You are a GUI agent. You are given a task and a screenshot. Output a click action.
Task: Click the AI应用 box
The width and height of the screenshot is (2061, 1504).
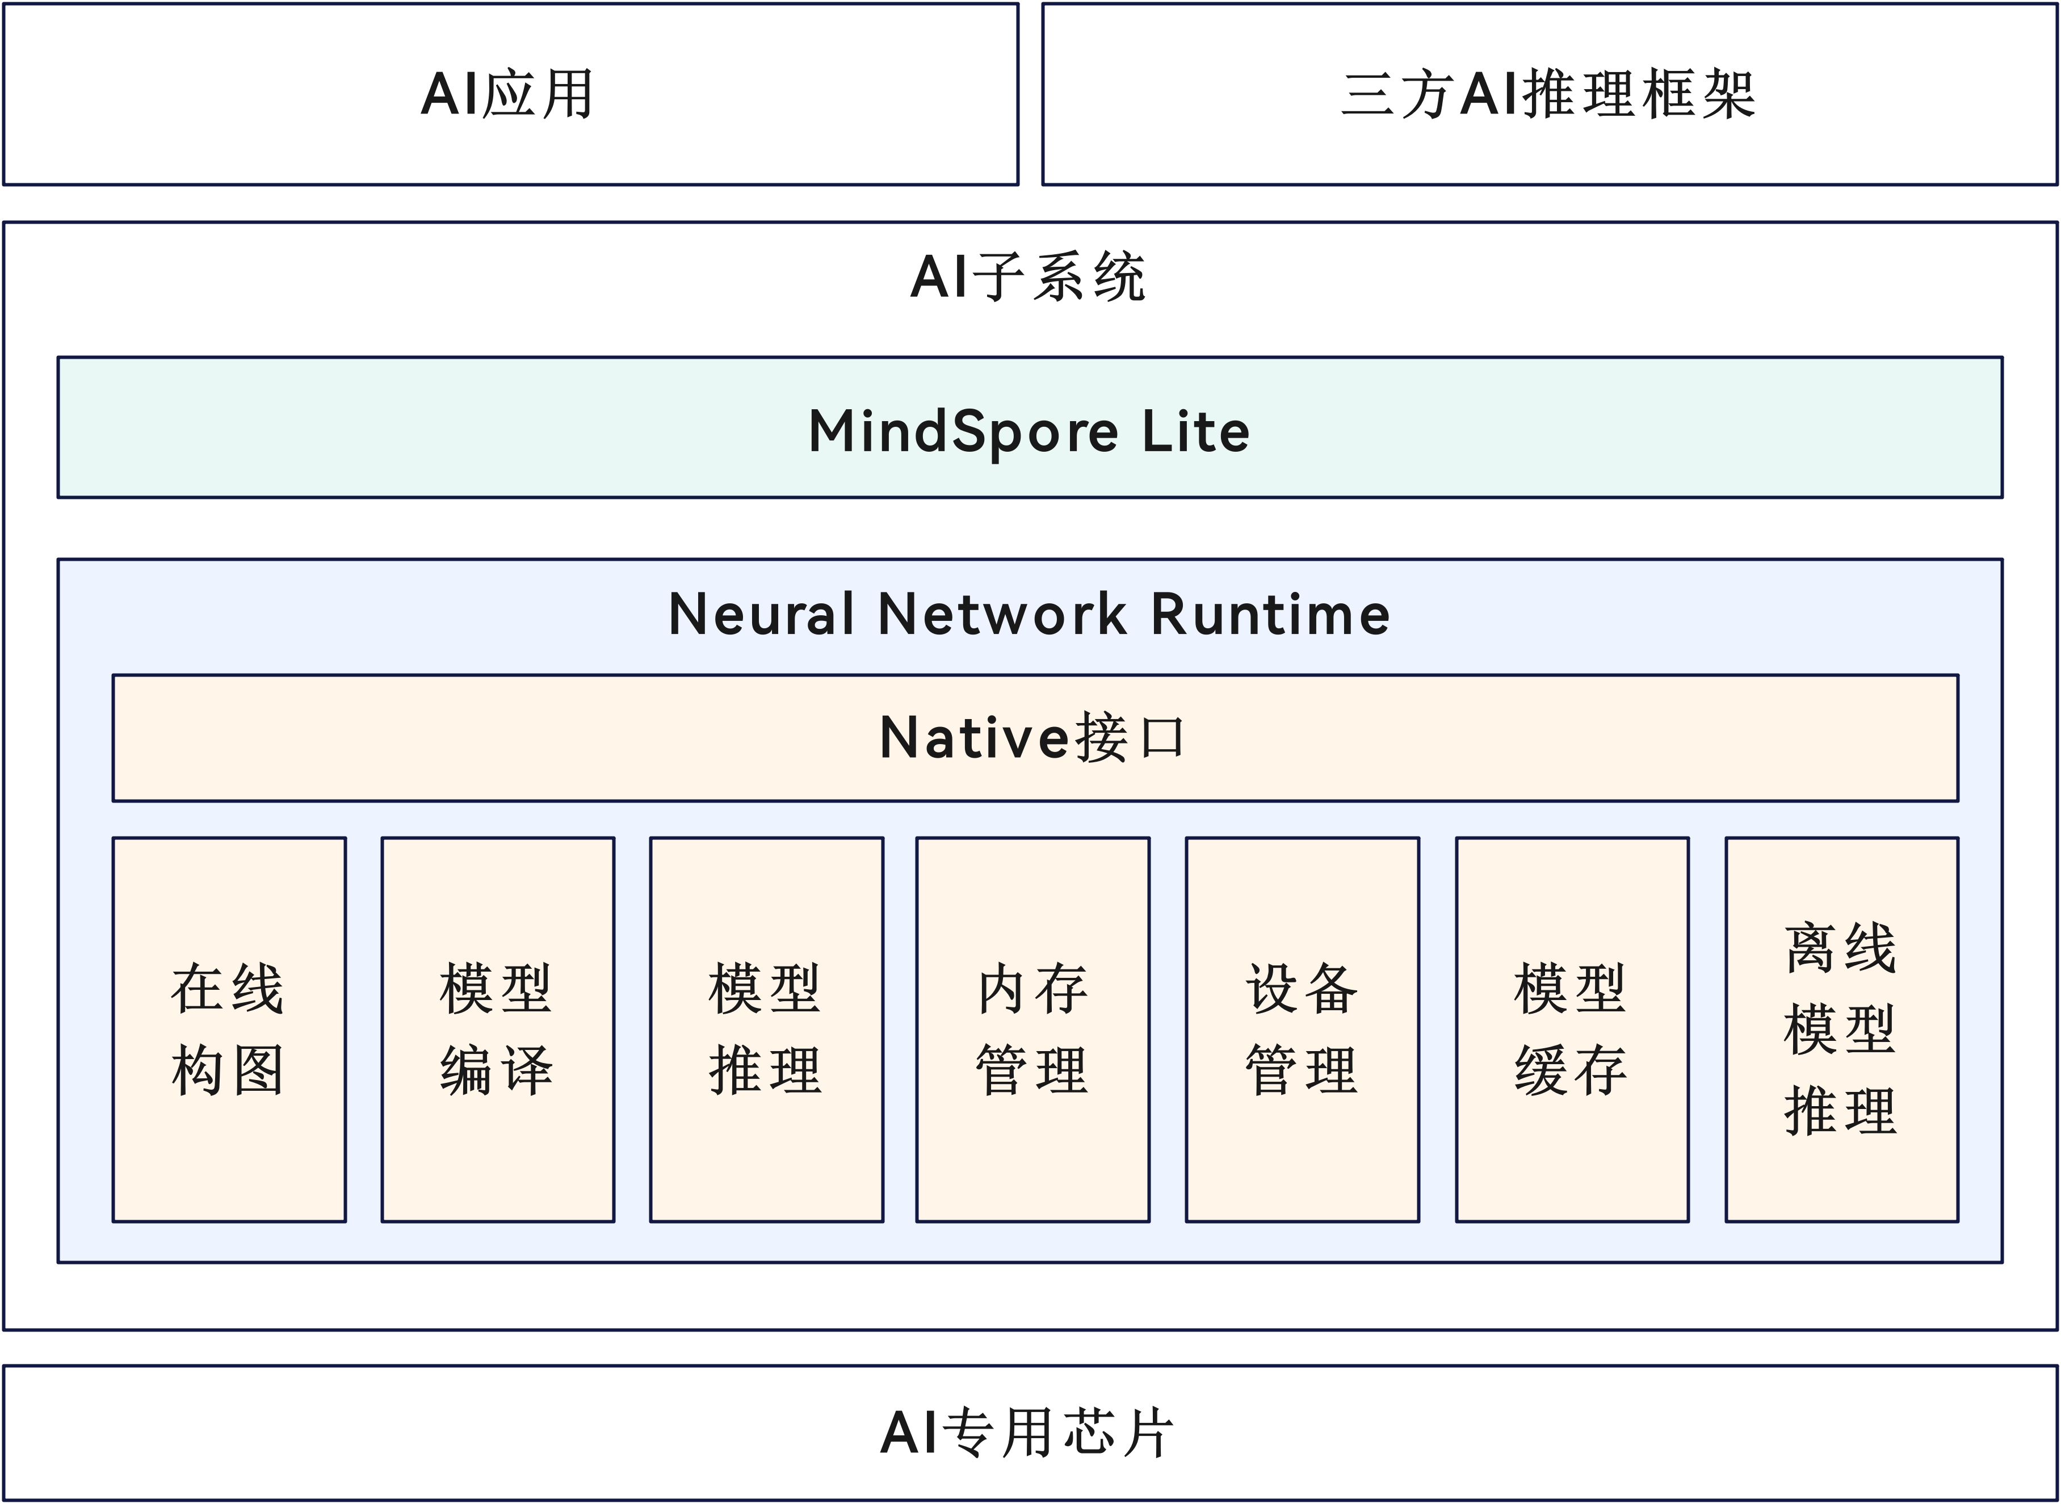click(x=511, y=94)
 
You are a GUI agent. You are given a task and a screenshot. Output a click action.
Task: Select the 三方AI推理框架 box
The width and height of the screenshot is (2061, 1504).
click(x=1550, y=94)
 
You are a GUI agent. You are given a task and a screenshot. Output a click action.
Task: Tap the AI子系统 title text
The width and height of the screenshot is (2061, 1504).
click(x=1029, y=277)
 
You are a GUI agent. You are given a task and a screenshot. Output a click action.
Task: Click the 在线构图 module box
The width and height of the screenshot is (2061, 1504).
click(x=229, y=1029)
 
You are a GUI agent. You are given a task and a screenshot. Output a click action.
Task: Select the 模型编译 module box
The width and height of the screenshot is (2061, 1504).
click(x=498, y=1029)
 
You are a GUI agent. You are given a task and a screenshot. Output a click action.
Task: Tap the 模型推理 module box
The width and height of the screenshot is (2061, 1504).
click(x=766, y=1029)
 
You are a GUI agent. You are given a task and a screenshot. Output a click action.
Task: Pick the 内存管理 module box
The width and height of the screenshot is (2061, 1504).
click(x=1033, y=1029)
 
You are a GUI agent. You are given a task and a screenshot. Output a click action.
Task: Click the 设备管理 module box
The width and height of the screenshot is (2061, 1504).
click(x=1303, y=1029)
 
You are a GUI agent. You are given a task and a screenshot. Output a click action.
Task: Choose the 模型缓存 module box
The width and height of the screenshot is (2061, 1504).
click(x=1573, y=1029)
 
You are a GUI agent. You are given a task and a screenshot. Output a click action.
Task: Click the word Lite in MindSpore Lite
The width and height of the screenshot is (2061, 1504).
click(x=1195, y=431)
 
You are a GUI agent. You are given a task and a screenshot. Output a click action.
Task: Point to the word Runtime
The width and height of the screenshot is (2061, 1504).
click(x=1271, y=614)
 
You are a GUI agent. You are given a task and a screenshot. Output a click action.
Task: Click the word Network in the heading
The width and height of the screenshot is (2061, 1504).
click(x=1002, y=614)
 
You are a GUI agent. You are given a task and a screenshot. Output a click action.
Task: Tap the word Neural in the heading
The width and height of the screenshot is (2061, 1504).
click(x=761, y=614)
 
